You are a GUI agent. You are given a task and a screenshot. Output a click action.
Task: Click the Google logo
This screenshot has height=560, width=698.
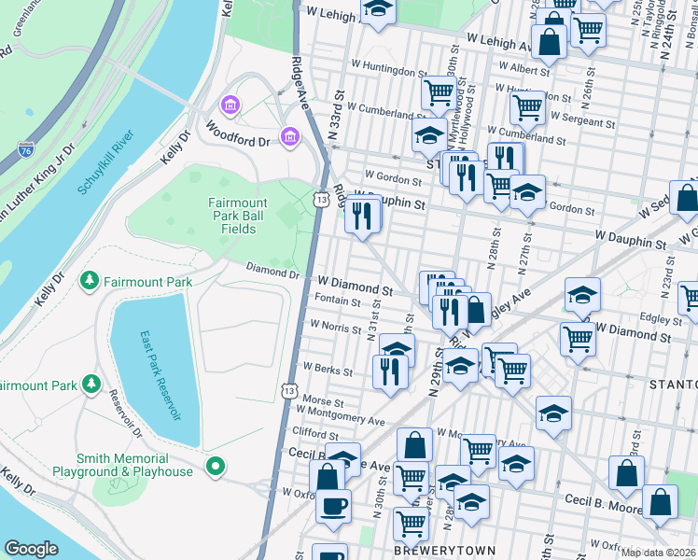point(32,549)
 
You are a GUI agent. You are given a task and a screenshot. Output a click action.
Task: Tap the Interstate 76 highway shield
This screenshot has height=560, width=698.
point(26,149)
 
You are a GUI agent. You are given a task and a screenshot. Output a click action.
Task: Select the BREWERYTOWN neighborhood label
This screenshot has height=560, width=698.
point(430,551)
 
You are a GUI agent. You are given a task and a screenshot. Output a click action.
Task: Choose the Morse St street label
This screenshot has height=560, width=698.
point(324,399)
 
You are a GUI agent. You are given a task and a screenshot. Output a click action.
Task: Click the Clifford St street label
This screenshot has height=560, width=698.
point(314,434)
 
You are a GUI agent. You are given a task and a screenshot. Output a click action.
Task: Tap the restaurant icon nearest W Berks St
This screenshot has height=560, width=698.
point(389,371)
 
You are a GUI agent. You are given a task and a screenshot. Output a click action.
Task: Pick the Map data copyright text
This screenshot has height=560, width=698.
point(654,552)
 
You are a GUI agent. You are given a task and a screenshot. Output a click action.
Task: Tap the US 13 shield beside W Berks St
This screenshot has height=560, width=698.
point(291,391)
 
